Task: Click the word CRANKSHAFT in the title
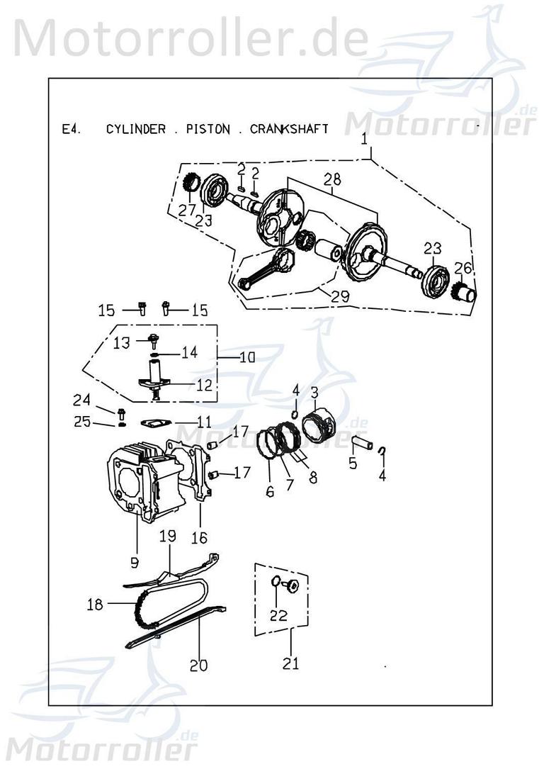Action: pyautogui.click(x=289, y=129)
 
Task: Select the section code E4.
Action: pyautogui.click(x=72, y=129)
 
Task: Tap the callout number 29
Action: pyautogui.click(x=339, y=297)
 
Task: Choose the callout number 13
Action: pyautogui.click(x=122, y=342)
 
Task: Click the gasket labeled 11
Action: pyautogui.click(x=152, y=422)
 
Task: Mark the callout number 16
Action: pyautogui.click(x=199, y=538)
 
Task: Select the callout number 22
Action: pyautogui.click(x=278, y=615)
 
